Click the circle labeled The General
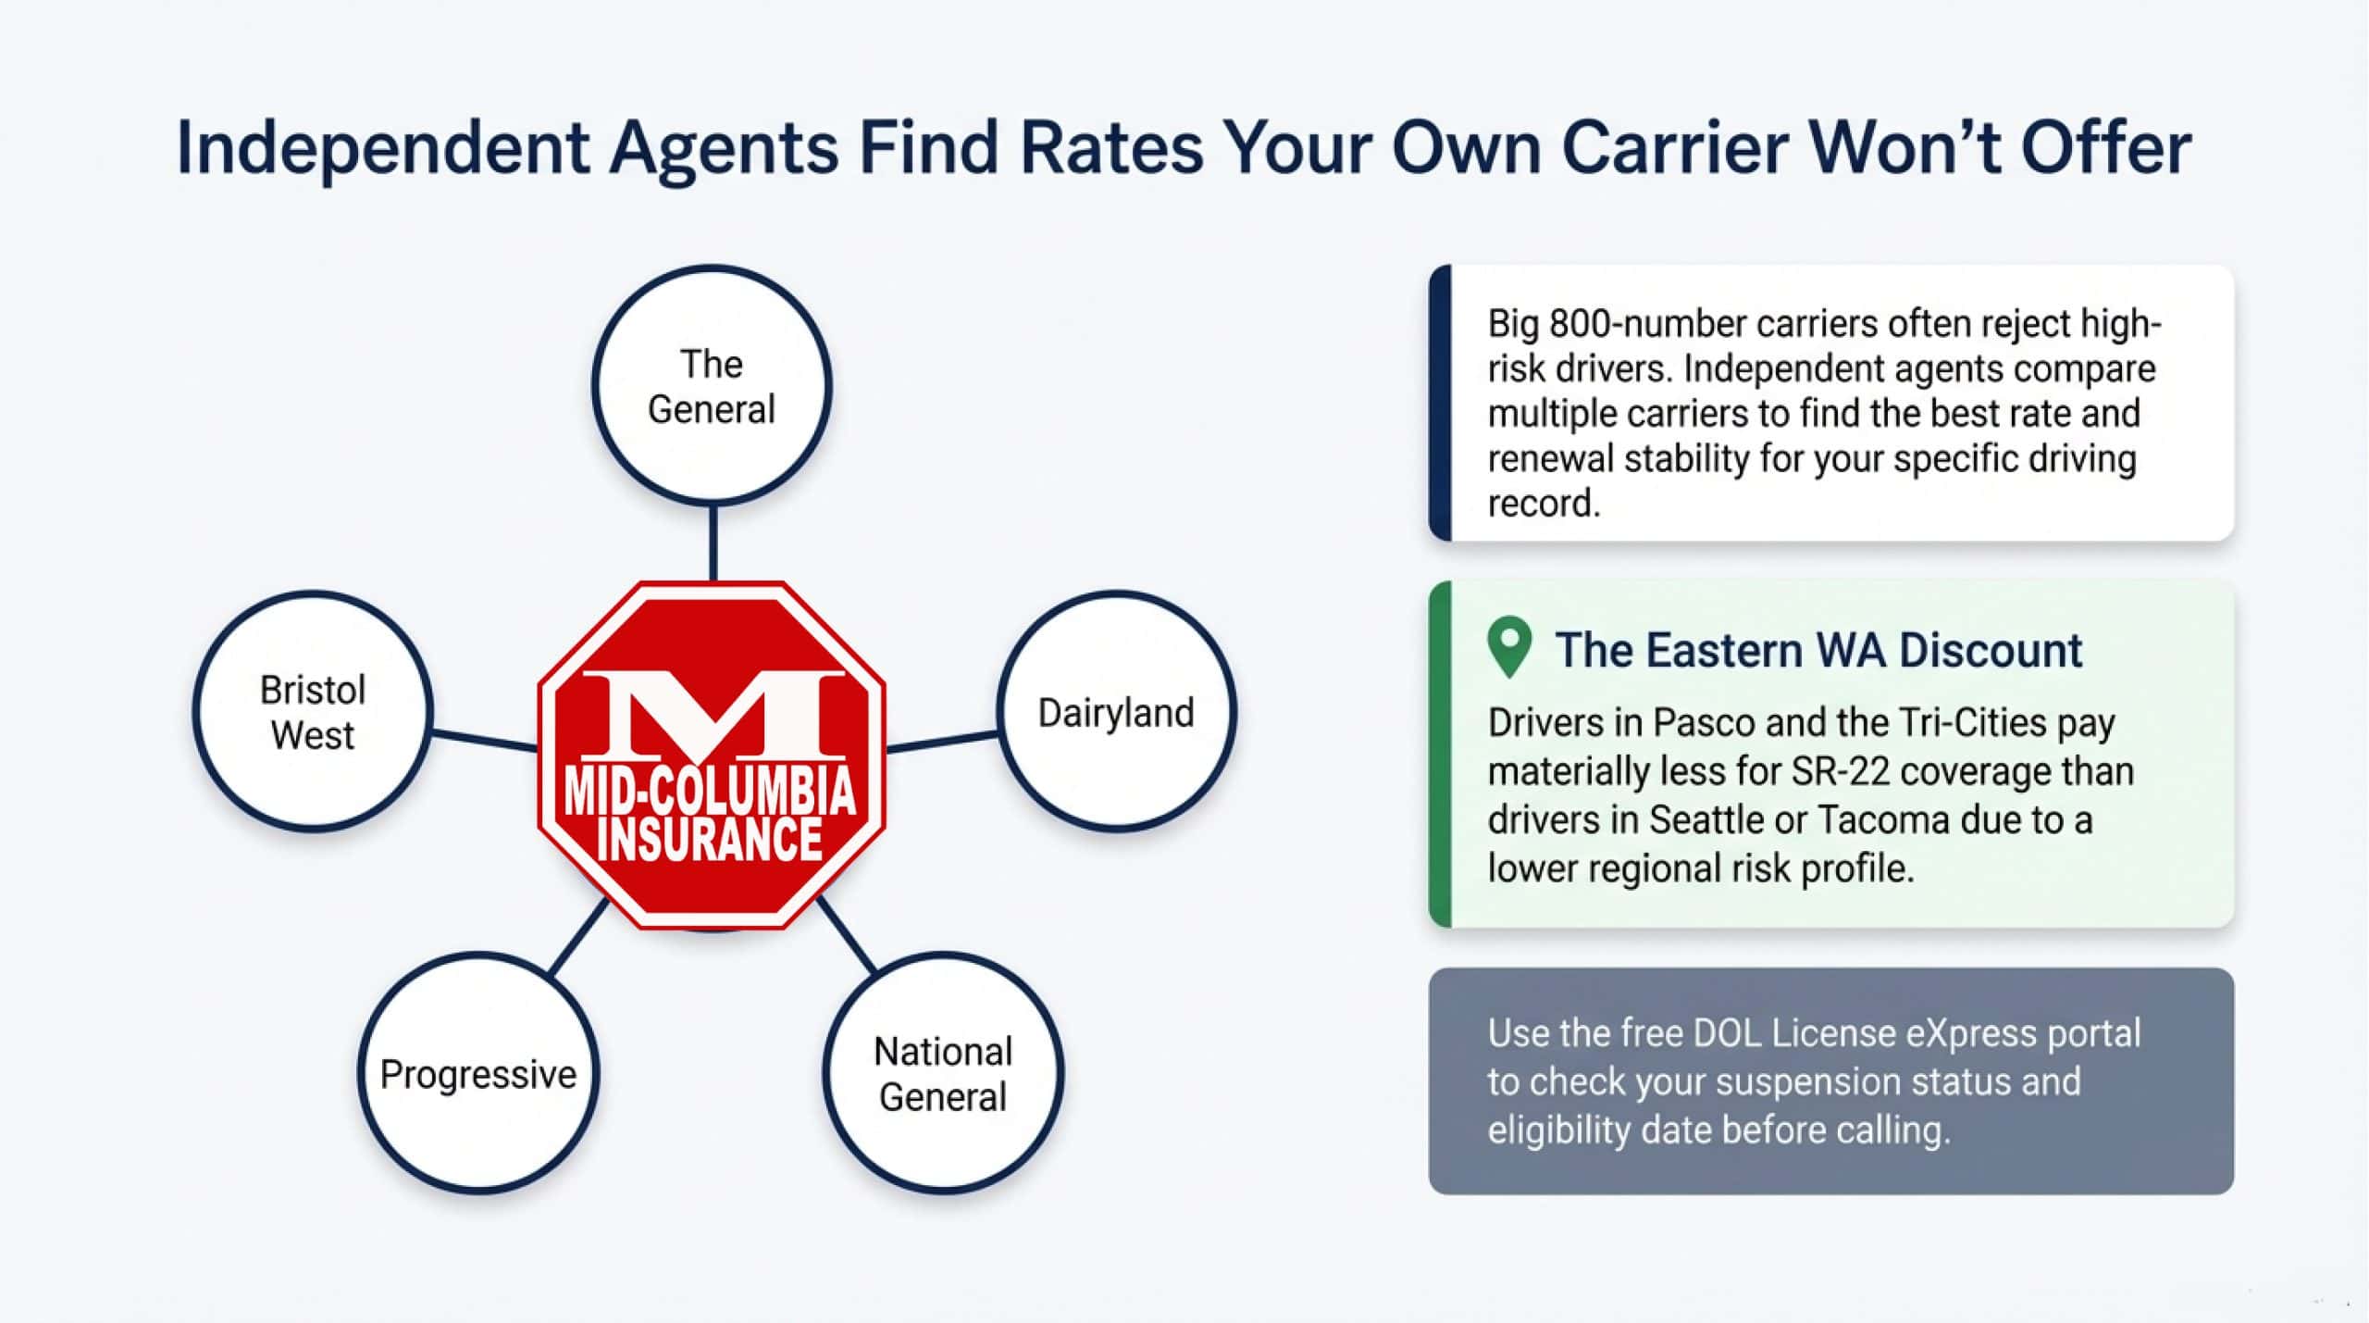711,386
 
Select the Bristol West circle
313,712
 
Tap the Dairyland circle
1116,712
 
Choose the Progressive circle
478,1074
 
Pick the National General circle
943,1074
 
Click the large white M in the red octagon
712,713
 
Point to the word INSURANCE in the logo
710,839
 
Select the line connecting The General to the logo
713,543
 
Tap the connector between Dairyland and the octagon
942,742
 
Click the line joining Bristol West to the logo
484,740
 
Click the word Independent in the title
382,148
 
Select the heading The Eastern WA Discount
1817,650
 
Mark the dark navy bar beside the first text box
1440,403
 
